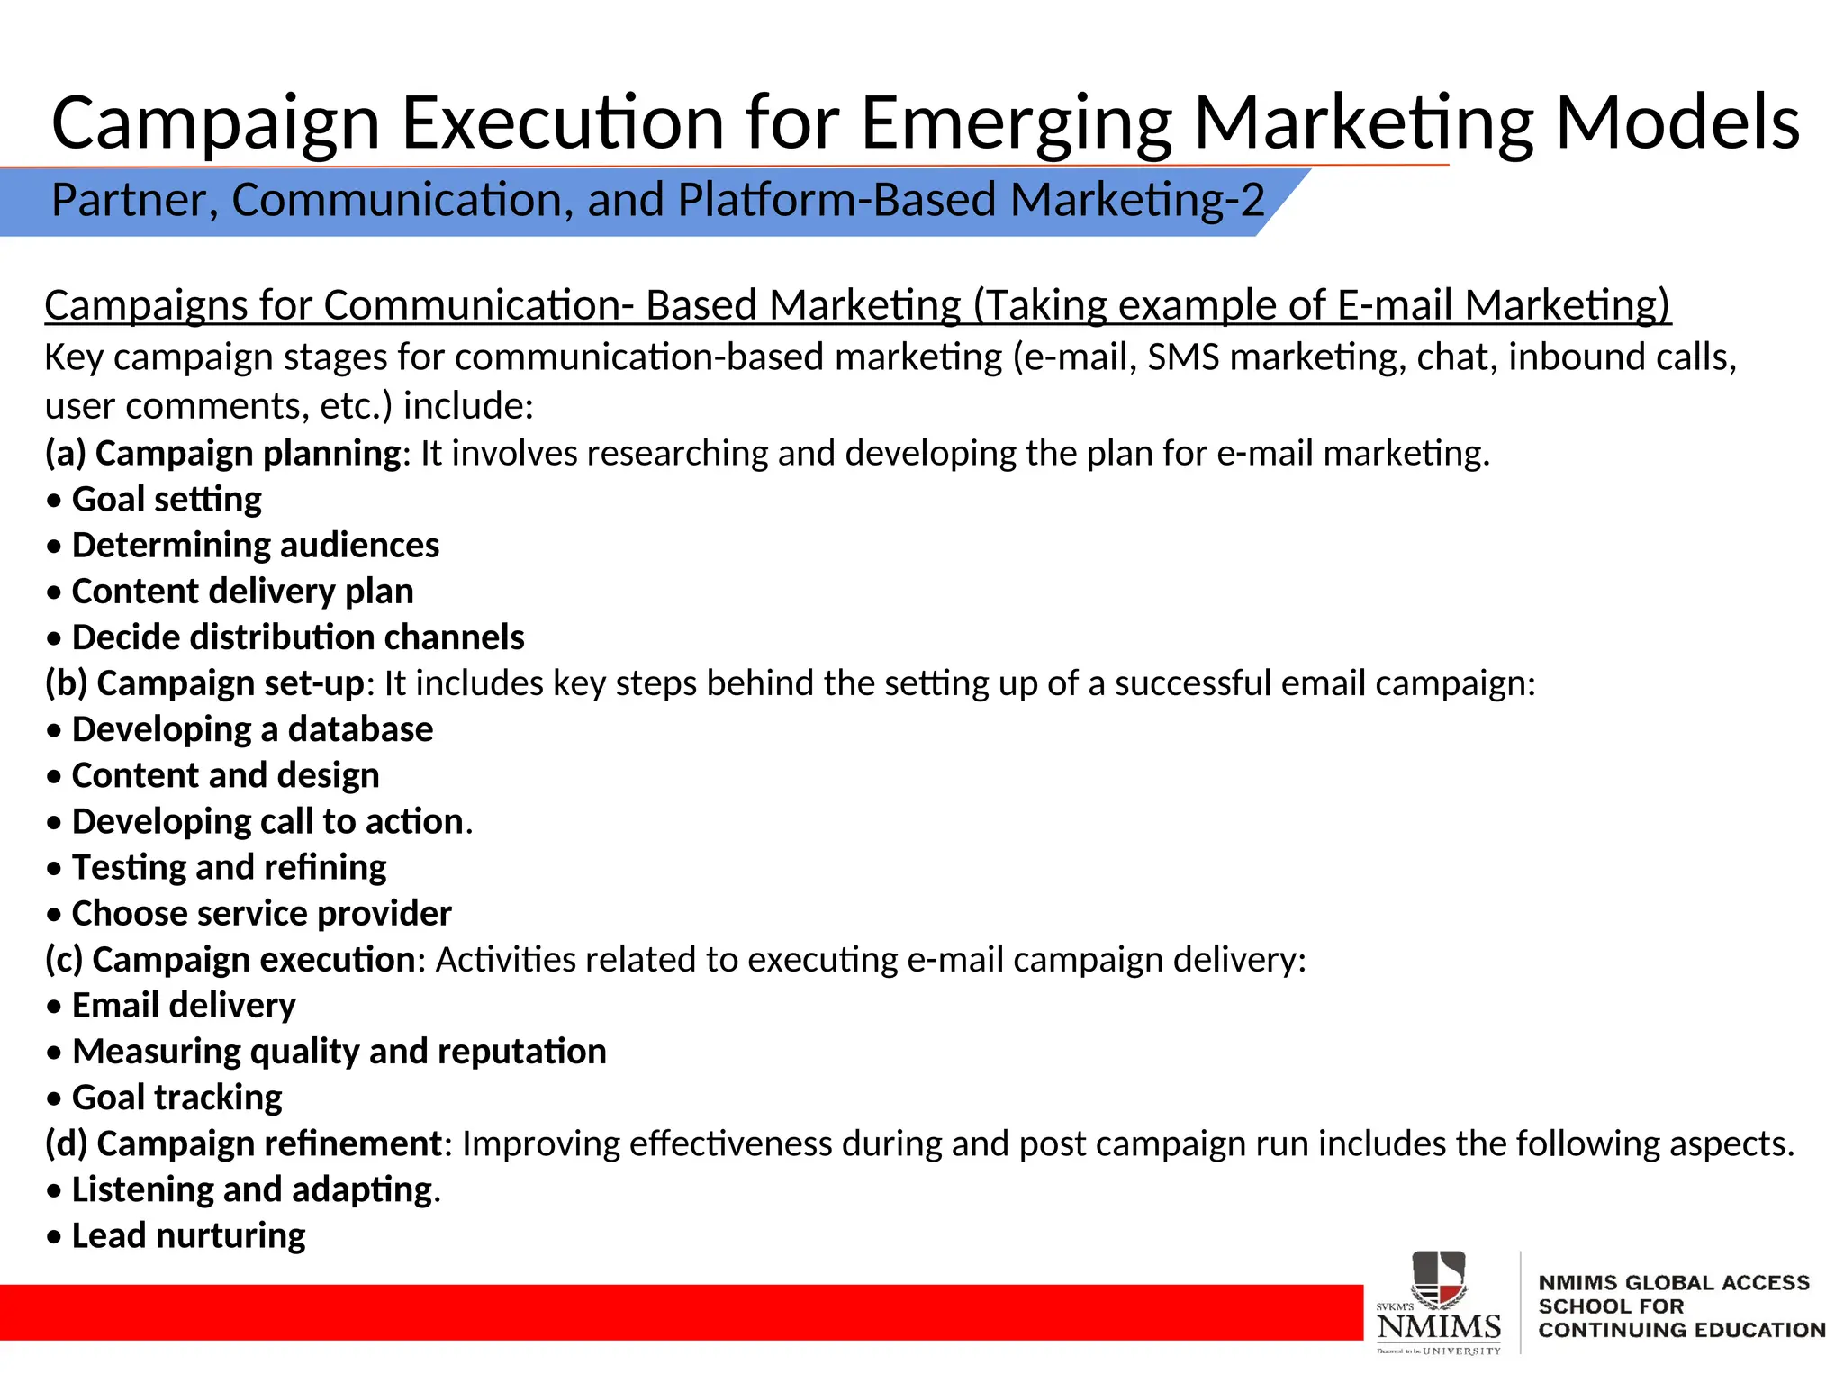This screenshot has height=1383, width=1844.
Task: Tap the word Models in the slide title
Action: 1677,123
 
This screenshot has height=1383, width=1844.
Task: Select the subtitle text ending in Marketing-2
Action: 657,200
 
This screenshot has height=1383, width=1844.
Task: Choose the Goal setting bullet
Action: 167,500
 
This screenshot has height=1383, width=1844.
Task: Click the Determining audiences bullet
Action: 255,546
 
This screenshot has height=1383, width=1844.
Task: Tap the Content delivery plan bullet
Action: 242,592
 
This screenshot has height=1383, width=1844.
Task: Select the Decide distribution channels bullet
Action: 298,637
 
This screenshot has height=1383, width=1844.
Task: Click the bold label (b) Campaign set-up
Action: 205,683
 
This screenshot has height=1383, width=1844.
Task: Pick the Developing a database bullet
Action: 252,729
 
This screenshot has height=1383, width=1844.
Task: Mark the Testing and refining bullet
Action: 229,867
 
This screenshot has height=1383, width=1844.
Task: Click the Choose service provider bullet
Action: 261,914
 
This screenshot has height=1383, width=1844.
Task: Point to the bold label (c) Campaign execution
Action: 230,960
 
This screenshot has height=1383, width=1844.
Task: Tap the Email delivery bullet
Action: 184,1006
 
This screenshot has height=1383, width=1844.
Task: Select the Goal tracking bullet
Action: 176,1098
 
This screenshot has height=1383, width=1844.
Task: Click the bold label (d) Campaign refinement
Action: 243,1143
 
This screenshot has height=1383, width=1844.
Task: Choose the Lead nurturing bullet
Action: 188,1236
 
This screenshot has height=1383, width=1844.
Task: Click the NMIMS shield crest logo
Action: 1438,1279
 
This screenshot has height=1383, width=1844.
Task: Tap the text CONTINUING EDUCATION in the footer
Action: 1681,1330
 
